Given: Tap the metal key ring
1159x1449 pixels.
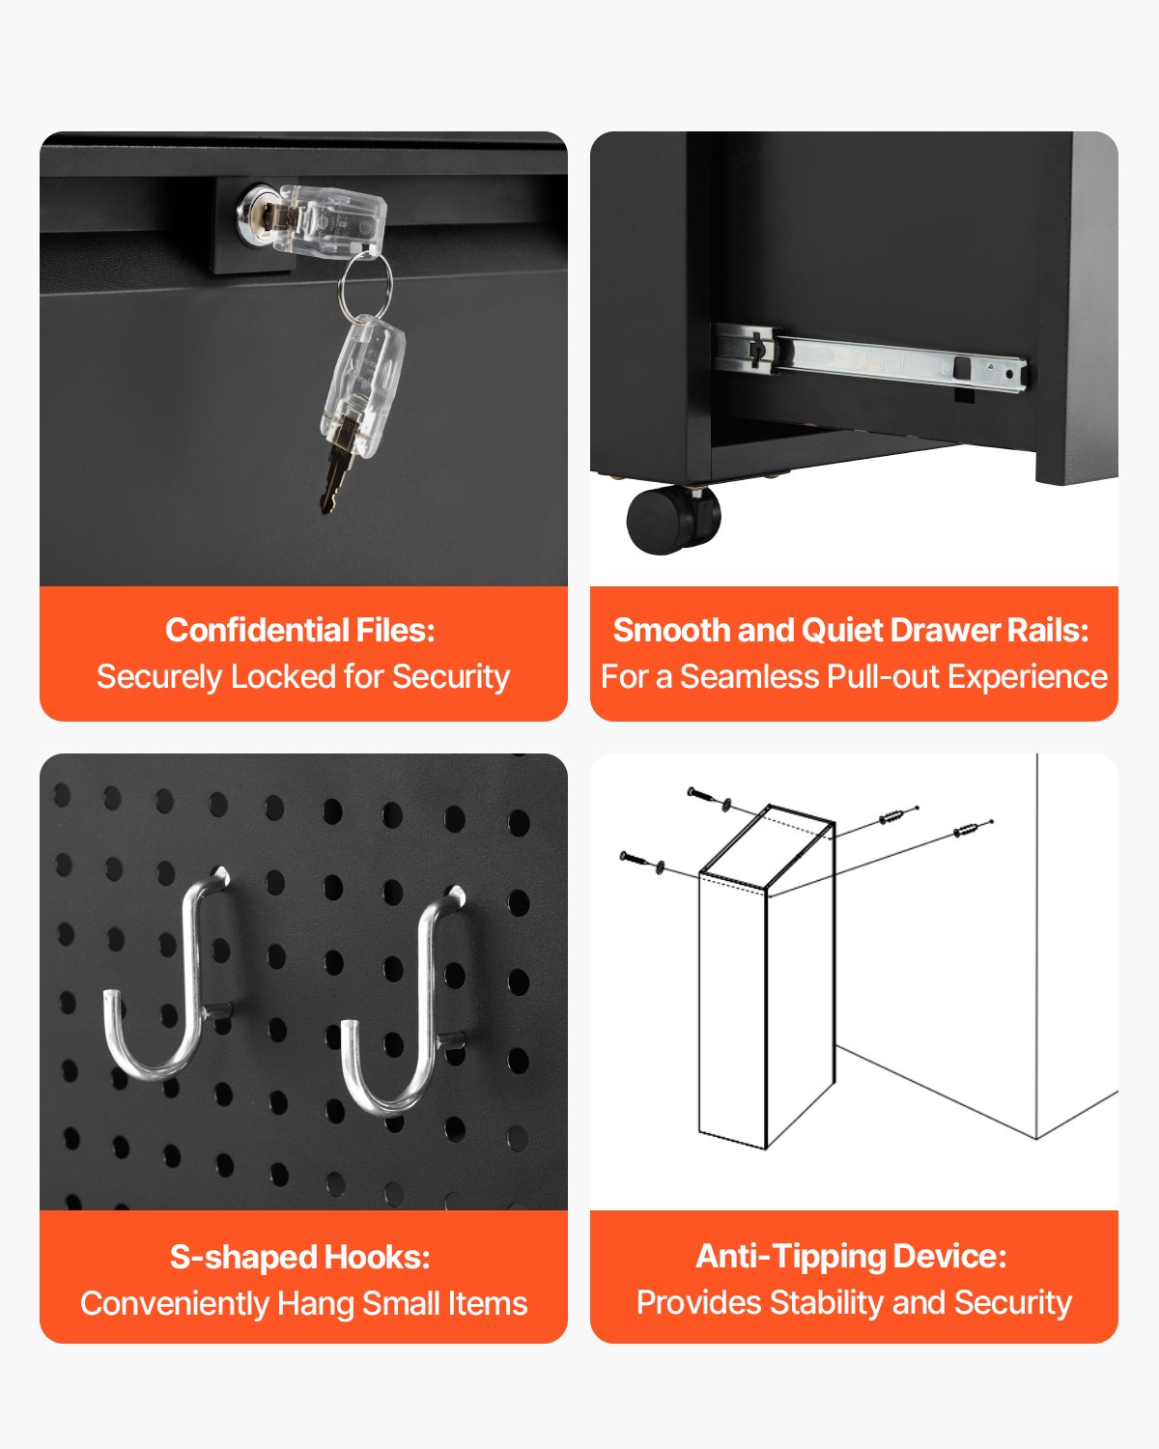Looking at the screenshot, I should (365, 283).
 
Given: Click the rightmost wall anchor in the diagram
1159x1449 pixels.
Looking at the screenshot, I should (970, 829).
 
